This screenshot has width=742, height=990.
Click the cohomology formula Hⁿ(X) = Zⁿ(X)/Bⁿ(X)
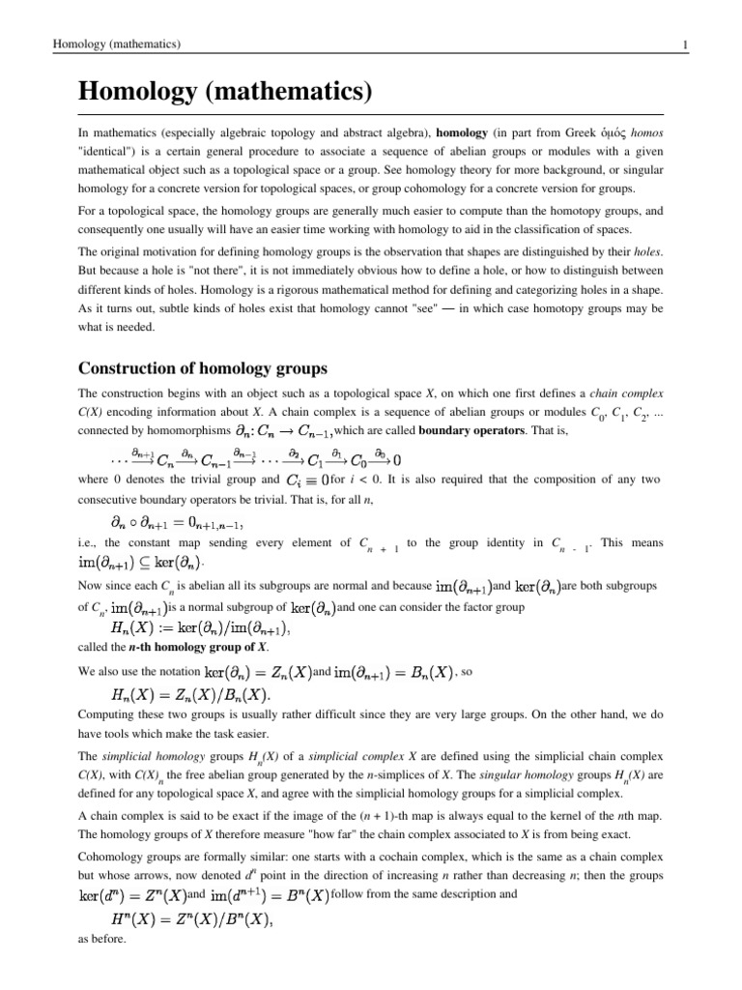click(193, 918)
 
